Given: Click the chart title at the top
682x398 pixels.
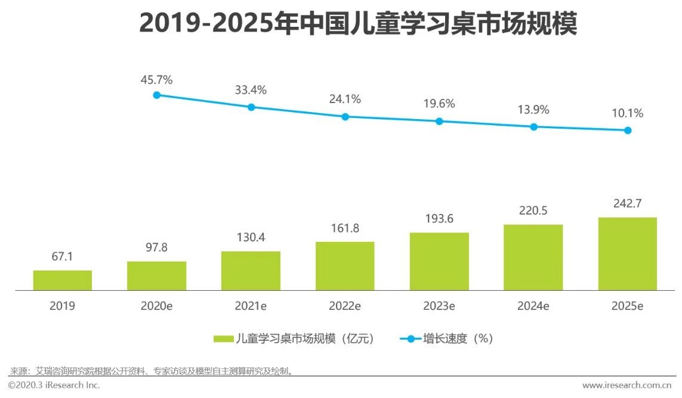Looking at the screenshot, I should pos(358,24).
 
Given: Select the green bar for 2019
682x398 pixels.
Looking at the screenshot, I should pos(63,280).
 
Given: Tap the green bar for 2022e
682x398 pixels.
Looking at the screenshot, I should pos(345,266).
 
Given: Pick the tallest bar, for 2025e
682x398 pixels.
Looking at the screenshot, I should pos(627,254).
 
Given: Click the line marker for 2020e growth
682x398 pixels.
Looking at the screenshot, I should pos(157,95).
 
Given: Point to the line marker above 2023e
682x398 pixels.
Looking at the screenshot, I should pos(439,121).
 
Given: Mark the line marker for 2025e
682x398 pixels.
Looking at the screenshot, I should pos(628,130).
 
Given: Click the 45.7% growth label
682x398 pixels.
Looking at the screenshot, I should pos(157,79).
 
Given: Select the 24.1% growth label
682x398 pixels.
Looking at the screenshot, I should pos(345,99).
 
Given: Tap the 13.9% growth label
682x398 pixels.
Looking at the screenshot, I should pos(533,110).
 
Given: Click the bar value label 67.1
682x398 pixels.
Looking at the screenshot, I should pos(63,257).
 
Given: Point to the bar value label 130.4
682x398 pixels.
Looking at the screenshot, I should pos(251,238).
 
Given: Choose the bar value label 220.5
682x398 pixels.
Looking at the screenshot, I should pos(533,210).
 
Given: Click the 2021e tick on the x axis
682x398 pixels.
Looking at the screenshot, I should pos(251,306).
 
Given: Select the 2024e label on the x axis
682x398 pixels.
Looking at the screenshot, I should pos(533,306).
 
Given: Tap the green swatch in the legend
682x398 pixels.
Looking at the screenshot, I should pos(223,339).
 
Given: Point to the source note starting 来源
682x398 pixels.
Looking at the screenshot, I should pos(152,371).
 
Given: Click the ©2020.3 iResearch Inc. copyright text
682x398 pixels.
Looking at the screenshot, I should pos(54,385).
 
